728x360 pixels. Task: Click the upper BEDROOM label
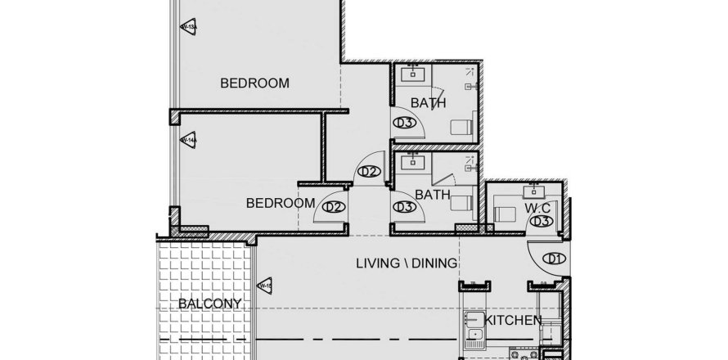pos(255,83)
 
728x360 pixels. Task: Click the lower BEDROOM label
pos(281,203)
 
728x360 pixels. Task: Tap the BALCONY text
pos(210,304)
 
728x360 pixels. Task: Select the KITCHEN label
pos(514,320)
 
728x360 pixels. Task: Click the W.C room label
pos(537,208)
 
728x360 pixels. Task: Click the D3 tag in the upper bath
pos(402,124)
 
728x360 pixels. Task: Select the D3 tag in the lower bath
pos(402,208)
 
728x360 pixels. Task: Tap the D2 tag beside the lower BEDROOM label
pos(332,208)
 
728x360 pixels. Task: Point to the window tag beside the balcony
pos(264,286)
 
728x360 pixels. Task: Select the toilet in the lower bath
pos(462,203)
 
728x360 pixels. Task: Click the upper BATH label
pos(428,103)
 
